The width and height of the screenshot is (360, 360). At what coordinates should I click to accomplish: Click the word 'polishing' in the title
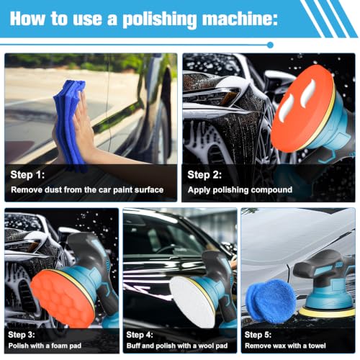[160, 19]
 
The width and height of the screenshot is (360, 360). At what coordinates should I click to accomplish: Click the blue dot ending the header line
[270, 45]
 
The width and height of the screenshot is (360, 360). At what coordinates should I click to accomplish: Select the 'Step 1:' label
[27, 174]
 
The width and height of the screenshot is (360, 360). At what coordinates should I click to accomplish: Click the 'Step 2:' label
[204, 174]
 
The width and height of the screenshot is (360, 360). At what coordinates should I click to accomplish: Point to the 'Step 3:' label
[22, 334]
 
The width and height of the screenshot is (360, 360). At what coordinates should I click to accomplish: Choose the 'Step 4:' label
[140, 334]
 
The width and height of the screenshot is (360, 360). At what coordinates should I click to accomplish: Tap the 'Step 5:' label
[258, 334]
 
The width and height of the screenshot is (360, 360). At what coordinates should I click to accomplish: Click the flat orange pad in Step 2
[302, 108]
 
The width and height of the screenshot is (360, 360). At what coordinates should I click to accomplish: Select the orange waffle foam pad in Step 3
[63, 297]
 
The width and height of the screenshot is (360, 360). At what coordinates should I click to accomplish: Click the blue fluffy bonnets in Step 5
[271, 300]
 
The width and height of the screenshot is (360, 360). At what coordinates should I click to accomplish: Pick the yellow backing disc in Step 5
[327, 312]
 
